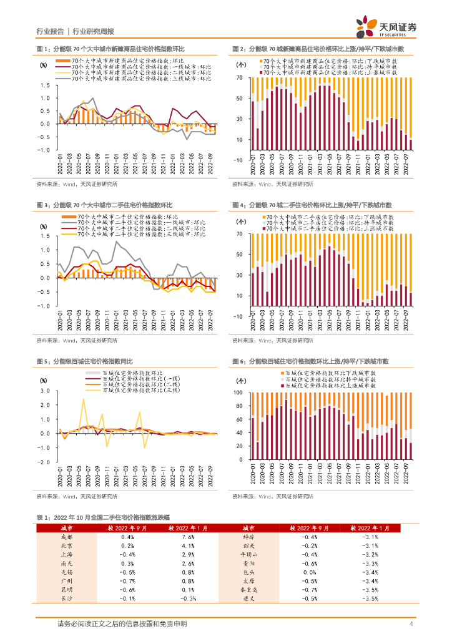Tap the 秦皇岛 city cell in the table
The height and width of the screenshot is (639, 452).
click(x=248, y=588)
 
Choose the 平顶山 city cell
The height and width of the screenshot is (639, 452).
click(x=248, y=554)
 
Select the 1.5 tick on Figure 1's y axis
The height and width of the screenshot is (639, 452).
click(x=46, y=85)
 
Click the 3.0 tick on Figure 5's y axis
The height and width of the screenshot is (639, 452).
click(x=46, y=390)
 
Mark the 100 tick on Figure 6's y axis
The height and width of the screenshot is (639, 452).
click(x=240, y=392)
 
